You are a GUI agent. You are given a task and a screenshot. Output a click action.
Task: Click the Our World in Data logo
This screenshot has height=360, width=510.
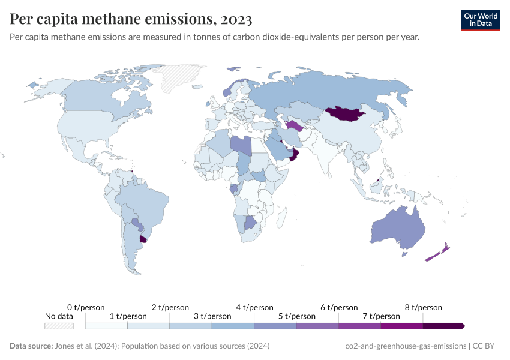point(481,20)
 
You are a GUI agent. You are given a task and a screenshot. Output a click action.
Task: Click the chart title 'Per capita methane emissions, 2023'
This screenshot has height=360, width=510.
point(131,19)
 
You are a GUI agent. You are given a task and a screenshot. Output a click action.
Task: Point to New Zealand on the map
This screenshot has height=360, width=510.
point(439,253)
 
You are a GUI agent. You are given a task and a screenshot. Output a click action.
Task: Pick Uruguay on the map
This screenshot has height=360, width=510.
point(143,239)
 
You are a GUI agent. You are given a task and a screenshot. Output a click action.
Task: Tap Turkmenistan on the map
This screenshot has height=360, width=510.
point(294,125)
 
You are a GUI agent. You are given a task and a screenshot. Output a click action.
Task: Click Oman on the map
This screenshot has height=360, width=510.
point(294,156)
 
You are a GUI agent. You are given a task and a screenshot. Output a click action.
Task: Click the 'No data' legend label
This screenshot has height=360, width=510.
point(59,316)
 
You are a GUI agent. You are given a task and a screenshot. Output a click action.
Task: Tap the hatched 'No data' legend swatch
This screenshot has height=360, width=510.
point(59,326)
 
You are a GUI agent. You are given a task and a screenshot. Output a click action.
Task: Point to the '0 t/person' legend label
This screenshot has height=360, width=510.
point(86,308)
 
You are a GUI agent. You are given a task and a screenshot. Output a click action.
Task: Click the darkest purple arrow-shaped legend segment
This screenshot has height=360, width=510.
point(443,326)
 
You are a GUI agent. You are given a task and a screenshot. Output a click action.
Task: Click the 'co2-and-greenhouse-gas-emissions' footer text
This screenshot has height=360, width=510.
point(406,346)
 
